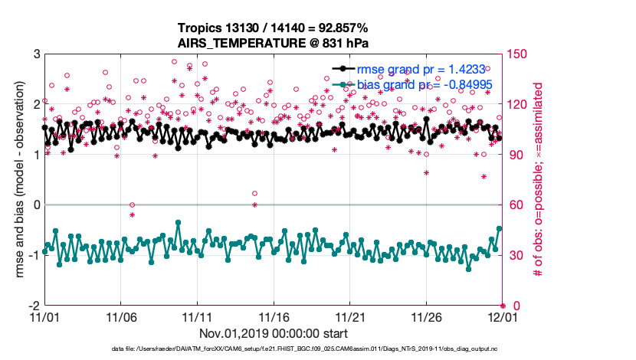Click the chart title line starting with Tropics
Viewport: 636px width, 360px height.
click(x=274, y=27)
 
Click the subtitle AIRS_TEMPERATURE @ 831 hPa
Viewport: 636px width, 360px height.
click(x=274, y=41)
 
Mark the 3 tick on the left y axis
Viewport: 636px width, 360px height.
click(x=37, y=54)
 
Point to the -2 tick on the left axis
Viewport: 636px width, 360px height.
click(x=34, y=305)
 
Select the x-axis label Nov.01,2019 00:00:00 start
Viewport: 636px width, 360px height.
click(x=274, y=333)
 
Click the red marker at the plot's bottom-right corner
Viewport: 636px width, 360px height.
click(x=503, y=305)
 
